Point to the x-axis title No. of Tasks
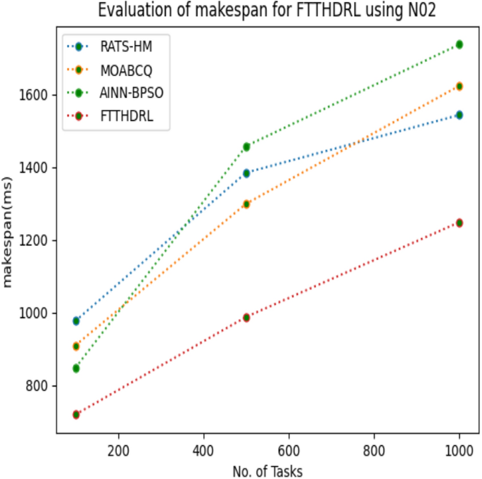click(x=267, y=470)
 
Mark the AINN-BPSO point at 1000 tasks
click(x=459, y=44)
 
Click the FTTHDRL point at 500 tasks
click(x=246, y=318)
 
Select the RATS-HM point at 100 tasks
click(x=76, y=321)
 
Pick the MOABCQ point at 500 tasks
click(x=246, y=204)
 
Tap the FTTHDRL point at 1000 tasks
click(x=459, y=223)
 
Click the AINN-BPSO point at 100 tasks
click(x=76, y=368)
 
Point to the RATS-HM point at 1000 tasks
click(x=459, y=115)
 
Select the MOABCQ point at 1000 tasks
click(x=459, y=86)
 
